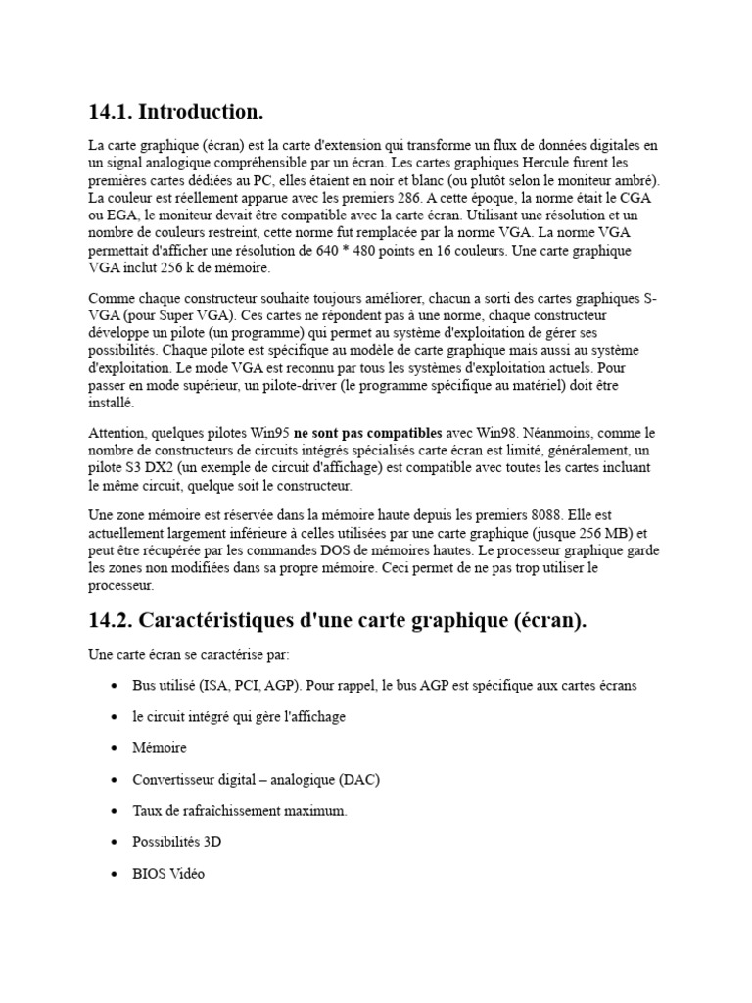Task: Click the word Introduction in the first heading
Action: point(201,112)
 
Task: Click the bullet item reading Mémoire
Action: point(160,748)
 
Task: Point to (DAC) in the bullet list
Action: point(359,780)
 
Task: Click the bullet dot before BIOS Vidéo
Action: point(116,874)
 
